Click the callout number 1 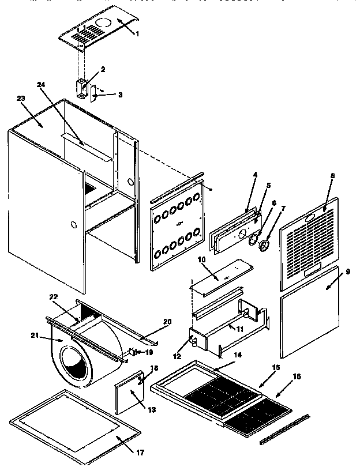coord(137,34)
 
